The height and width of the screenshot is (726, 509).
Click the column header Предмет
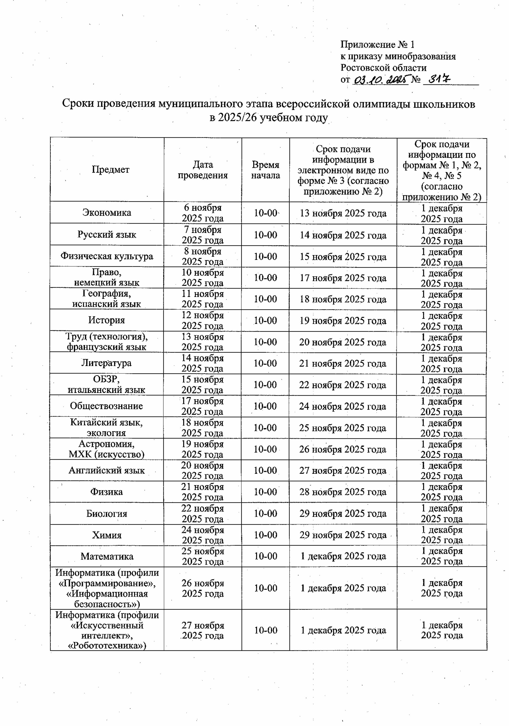coord(111,170)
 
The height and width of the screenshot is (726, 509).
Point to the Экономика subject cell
coord(107,212)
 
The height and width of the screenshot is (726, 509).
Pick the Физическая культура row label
coord(107,256)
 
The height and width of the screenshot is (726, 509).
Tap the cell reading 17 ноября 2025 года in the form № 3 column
coord(343,278)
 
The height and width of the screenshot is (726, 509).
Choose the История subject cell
coord(107,320)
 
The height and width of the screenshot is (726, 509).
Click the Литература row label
coord(107,363)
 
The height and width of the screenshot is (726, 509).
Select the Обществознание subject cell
coord(107,406)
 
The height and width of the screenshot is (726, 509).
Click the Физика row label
coord(107,492)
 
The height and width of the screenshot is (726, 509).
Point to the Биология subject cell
coord(107,514)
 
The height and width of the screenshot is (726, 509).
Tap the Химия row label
coord(107,535)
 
